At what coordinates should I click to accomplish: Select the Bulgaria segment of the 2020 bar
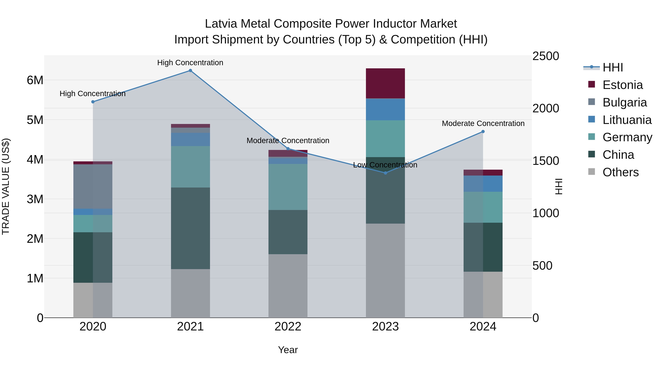(93, 186)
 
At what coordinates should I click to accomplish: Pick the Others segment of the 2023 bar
(385, 270)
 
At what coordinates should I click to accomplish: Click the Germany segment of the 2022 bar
(288, 187)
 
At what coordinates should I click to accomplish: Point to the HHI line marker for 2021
(191, 71)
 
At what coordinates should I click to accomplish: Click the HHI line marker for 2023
(385, 173)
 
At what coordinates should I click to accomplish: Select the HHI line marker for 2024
(483, 132)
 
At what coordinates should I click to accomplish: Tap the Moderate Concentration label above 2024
(483, 124)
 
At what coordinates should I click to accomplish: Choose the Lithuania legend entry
(627, 120)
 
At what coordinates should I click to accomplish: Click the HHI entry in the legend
(613, 67)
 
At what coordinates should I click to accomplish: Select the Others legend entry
(620, 172)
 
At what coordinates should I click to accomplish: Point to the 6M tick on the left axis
(35, 80)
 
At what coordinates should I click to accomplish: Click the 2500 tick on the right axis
(545, 56)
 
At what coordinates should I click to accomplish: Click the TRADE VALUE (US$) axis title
(6, 186)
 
